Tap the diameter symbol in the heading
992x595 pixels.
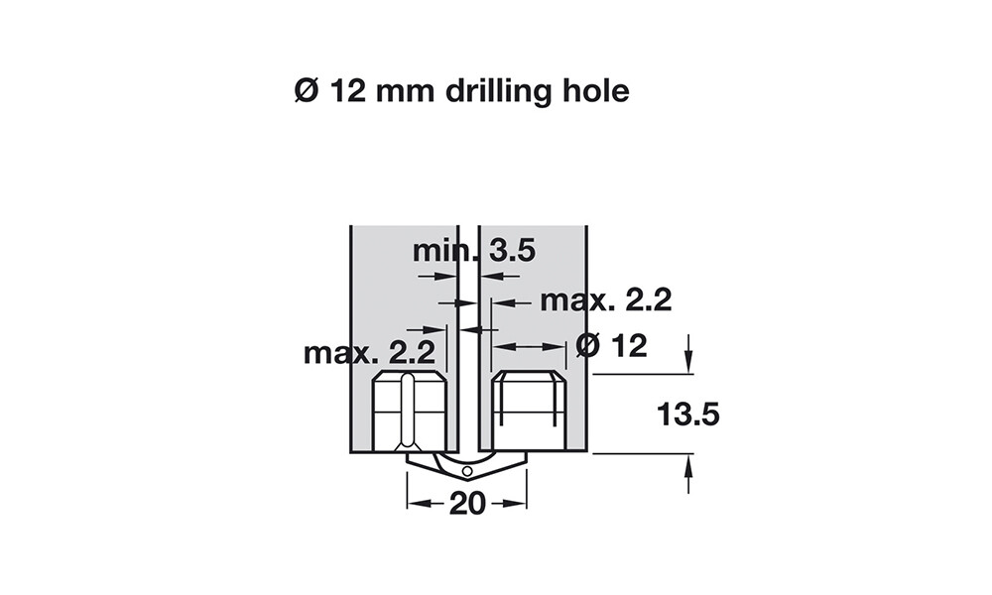click(307, 91)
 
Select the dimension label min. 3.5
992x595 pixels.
click(474, 251)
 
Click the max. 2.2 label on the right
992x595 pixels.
click(605, 300)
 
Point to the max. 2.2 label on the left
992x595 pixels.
click(369, 352)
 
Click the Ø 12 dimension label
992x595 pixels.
click(612, 346)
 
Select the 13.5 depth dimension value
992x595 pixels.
click(688, 415)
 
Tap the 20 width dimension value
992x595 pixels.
click(467, 504)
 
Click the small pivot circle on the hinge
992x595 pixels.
click(467, 471)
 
